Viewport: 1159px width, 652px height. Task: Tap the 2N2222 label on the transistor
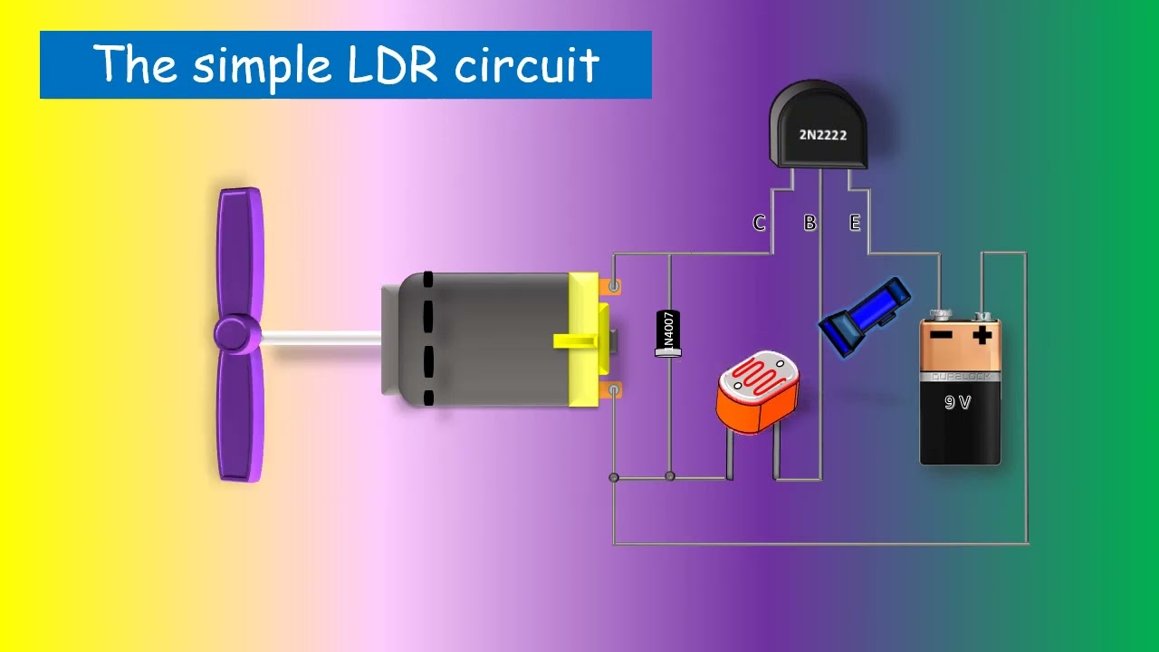point(822,135)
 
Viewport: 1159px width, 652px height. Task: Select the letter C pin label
point(759,223)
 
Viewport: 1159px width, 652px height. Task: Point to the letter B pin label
point(809,223)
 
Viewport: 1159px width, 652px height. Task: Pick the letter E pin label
point(854,223)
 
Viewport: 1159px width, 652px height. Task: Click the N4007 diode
point(668,332)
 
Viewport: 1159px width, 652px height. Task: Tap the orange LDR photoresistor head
point(757,392)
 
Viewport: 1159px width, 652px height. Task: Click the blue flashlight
point(865,316)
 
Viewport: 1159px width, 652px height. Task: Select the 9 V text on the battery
point(958,402)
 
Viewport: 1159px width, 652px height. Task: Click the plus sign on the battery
point(982,335)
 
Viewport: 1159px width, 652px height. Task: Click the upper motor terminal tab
point(613,287)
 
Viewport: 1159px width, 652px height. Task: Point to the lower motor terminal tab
point(613,390)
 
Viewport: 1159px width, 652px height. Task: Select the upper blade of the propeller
point(240,249)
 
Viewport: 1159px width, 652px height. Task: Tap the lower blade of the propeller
point(240,417)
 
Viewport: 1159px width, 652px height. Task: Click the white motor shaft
point(321,338)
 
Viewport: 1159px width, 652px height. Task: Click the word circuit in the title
point(526,65)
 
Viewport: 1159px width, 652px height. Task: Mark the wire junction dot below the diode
point(670,475)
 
